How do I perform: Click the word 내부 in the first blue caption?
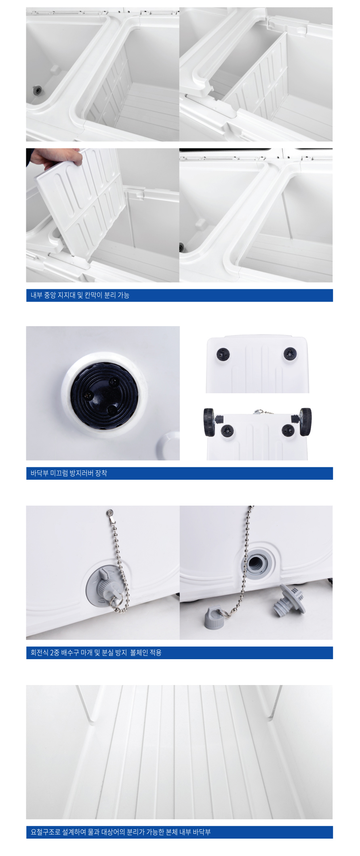[x=36, y=295]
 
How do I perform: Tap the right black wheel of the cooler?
[x=305, y=422]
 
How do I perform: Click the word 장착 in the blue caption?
[x=101, y=473]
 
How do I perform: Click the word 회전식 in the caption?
[x=40, y=652]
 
